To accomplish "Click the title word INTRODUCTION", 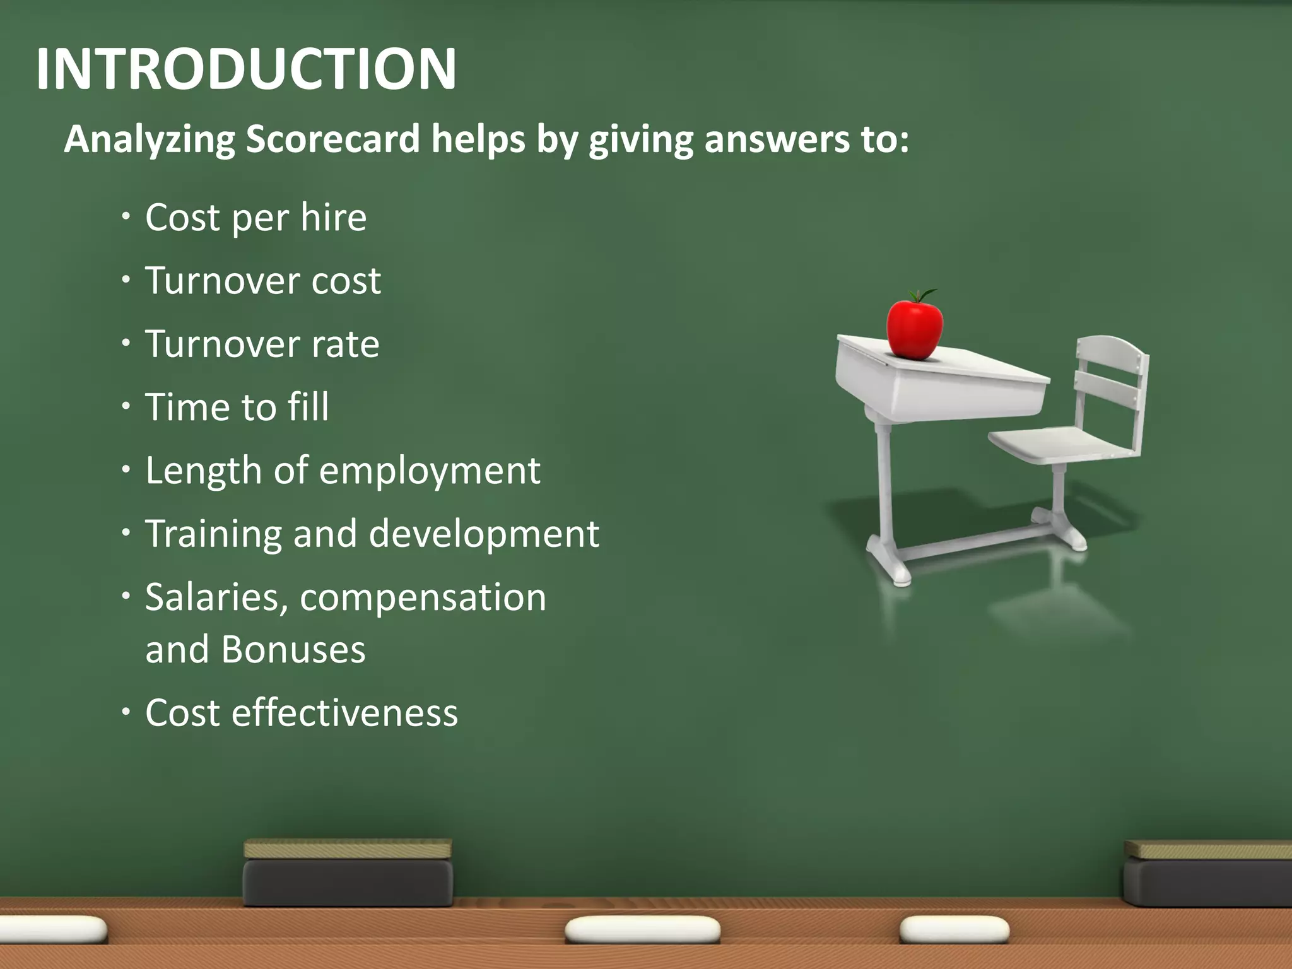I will pyautogui.click(x=246, y=69).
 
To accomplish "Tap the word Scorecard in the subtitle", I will pyautogui.click(x=332, y=139).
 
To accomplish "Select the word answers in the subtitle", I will pyautogui.click(x=776, y=139).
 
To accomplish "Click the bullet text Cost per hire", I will pyautogui.click(x=255, y=218).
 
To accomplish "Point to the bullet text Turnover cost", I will pyautogui.click(x=263, y=281).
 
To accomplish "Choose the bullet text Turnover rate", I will pyautogui.click(x=262, y=344).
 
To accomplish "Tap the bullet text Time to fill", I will pyautogui.click(x=237, y=407).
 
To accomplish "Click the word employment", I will pyautogui.click(x=430, y=471).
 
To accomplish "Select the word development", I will pyautogui.click(x=484, y=534).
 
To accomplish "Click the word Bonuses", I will pyautogui.click(x=293, y=650).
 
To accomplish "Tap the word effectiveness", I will pyautogui.click(x=344, y=713).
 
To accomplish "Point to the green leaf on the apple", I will pyautogui.click(x=926, y=294).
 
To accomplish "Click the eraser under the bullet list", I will pyautogui.click(x=348, y=874).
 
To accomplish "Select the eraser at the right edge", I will pyautogui.click(x=1208, y=874).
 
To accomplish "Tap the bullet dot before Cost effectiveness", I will pyautogui.click(x=126, y=712).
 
